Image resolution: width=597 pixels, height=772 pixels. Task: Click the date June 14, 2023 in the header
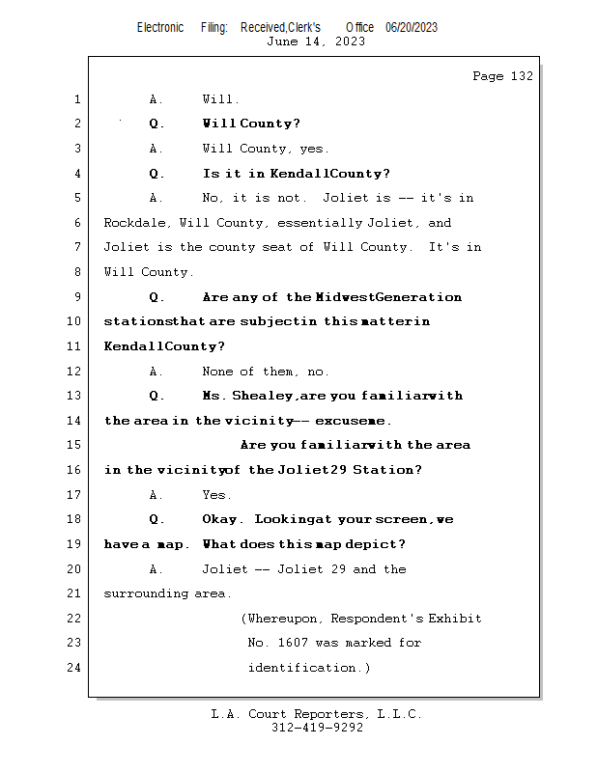(x=315, y=41)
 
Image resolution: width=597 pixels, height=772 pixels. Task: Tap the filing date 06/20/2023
(x=412, y=28)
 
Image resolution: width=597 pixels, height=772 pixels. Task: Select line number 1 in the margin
(x=77, y=99)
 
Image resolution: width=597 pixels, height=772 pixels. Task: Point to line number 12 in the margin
(x=74, y=372)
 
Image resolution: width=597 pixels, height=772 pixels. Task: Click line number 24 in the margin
(x=74, y=668)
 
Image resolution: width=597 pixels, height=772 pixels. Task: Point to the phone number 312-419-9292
(x=317, y=729)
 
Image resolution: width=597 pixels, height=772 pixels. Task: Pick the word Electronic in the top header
(x=160, y=28)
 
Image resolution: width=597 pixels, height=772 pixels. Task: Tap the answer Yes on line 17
(x=216, y=495)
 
